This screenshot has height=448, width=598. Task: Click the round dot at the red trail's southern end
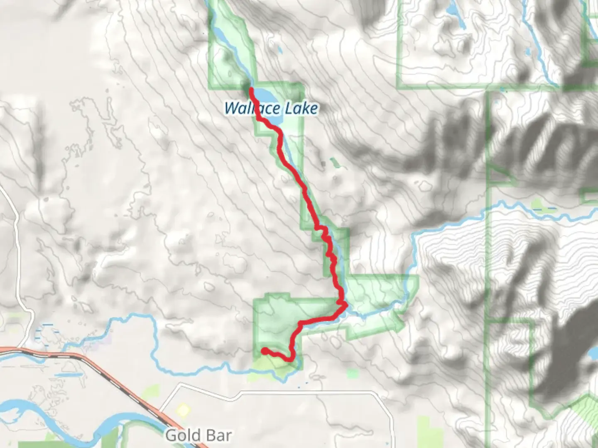coord(264,351)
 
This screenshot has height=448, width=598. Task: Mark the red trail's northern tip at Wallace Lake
coord(251,89)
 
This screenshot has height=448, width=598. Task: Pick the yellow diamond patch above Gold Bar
coord(183,410)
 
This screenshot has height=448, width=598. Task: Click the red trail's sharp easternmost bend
coord(345,305)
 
